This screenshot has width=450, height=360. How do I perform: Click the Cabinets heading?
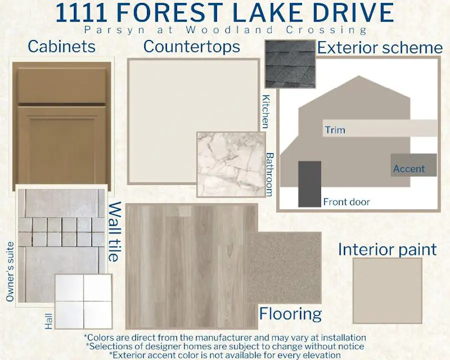(x=61, y=46)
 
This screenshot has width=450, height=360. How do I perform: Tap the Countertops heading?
(x=191, y=47)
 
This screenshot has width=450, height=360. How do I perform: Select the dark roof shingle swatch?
(x=290, y=63)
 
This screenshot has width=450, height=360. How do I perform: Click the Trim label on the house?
(x=335, y=130)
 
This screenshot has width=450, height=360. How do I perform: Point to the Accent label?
(x=409, y=169)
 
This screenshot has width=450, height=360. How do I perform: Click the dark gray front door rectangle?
(x=309, y=183)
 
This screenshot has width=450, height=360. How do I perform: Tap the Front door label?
(x=346, y=202)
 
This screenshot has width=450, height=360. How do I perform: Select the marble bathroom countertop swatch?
(x=231, y=164)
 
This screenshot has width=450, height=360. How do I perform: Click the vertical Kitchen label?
(x=266, y=111)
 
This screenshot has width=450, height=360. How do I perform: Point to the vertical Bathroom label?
(x=269, y=174)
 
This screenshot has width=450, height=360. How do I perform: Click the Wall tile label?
(x=114, y=231)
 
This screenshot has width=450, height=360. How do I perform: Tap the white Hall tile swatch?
(x=83, y=301)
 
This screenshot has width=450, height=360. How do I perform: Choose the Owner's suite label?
(x=10, y=271)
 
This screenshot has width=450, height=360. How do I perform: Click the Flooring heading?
(x=290, y=314)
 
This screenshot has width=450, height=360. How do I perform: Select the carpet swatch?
(x=284, y=267)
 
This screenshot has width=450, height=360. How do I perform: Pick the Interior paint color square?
(x=387, y=290)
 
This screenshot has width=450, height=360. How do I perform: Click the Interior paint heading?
(x=387, y=249)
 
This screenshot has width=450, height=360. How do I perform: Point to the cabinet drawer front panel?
(x=62, y=85)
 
